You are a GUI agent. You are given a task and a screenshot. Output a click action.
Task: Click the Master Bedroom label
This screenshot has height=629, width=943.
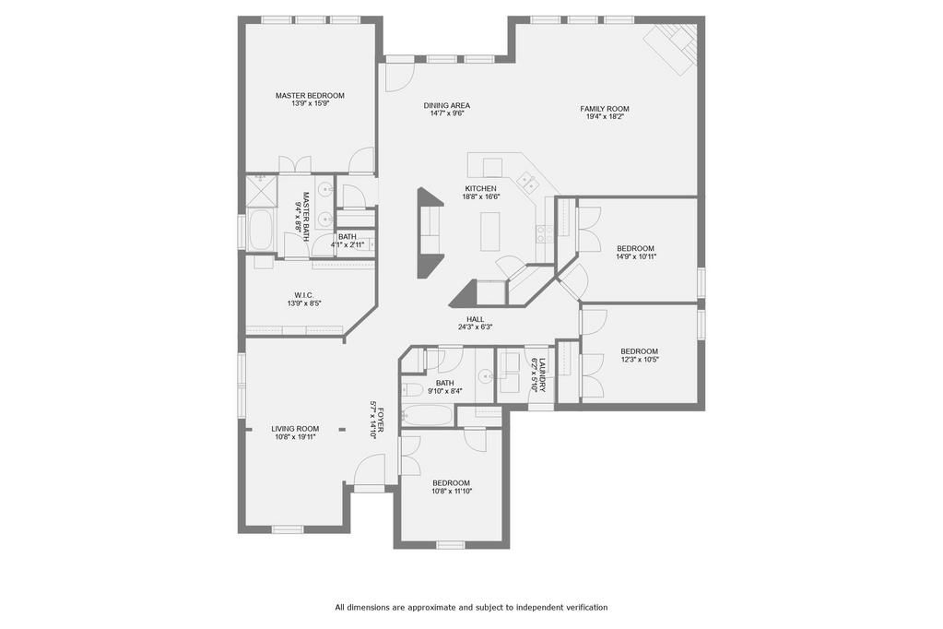[x=310, y=95]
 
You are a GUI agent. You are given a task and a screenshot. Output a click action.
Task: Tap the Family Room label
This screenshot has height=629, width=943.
[x=605, y=109]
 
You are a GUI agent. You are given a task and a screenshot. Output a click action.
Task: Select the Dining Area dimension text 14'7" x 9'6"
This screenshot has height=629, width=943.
[x=446, y=113]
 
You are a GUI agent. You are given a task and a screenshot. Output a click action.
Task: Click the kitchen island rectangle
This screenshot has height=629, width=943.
[x=490, y=231]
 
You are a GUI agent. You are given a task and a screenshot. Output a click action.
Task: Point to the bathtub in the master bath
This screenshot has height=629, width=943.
[x=261, y=230]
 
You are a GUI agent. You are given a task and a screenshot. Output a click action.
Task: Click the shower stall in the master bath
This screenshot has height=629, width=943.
[x=261, y=191]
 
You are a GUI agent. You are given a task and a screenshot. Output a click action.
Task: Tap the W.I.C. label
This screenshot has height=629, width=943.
[x=303, y=295]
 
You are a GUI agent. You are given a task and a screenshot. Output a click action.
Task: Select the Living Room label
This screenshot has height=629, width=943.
[x=295, y=429]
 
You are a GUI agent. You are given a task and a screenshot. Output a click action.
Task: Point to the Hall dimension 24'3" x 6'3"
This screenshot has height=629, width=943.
[x=475, y=327]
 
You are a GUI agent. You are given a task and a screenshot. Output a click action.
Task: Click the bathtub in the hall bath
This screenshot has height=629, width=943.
[x=427, y=415]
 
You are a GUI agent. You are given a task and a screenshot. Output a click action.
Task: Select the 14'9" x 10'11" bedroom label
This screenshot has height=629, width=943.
[x=635, y=252]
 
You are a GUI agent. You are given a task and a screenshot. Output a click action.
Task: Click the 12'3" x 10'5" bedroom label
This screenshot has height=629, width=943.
[x=639, y=355]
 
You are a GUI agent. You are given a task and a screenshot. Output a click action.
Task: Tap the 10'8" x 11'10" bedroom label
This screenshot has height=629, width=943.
[x=451, y=487]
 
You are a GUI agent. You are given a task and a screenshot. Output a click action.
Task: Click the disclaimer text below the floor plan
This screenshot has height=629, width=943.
[x=471, y=608]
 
